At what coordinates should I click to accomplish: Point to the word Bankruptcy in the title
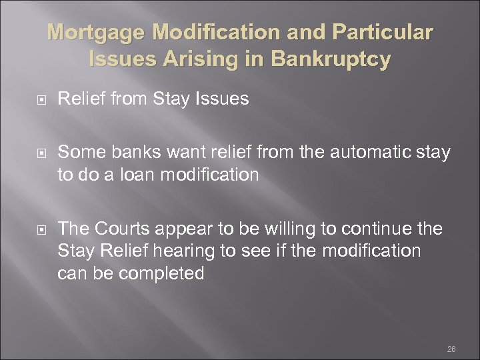coord(327,60)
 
